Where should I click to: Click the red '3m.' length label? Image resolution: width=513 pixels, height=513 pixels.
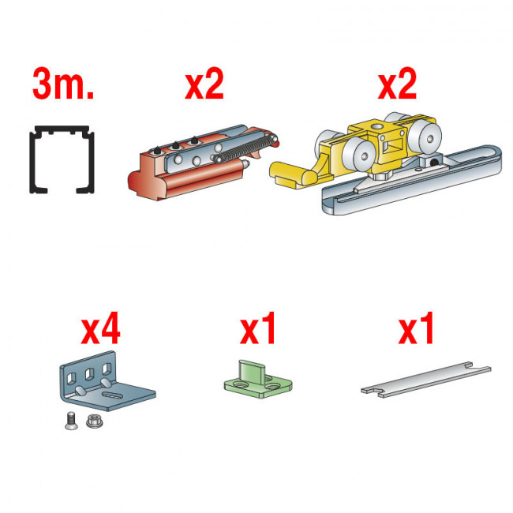point(63,84)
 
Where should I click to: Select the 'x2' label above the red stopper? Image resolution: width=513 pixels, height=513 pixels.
point(204,84)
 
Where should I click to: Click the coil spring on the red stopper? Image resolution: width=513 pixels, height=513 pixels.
point(245,149)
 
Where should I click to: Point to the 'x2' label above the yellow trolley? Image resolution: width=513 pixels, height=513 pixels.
point(397,84)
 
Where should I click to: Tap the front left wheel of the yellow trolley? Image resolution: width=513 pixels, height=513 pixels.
point(359,155)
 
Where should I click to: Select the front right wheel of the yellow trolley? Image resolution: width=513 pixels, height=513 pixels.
point(425,137)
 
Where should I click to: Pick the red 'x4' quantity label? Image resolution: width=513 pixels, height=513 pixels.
point(101,328)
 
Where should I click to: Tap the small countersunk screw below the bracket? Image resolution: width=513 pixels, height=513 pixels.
point(71,421)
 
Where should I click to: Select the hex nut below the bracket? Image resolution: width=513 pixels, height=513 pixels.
point(95,421)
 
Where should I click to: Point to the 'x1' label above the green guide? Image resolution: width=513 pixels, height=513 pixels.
point(257,328)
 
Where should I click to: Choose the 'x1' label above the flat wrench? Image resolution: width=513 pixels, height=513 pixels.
point(416,328)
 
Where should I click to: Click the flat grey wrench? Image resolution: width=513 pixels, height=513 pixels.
point(426,380)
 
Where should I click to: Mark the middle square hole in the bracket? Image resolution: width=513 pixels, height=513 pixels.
point(89,374)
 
